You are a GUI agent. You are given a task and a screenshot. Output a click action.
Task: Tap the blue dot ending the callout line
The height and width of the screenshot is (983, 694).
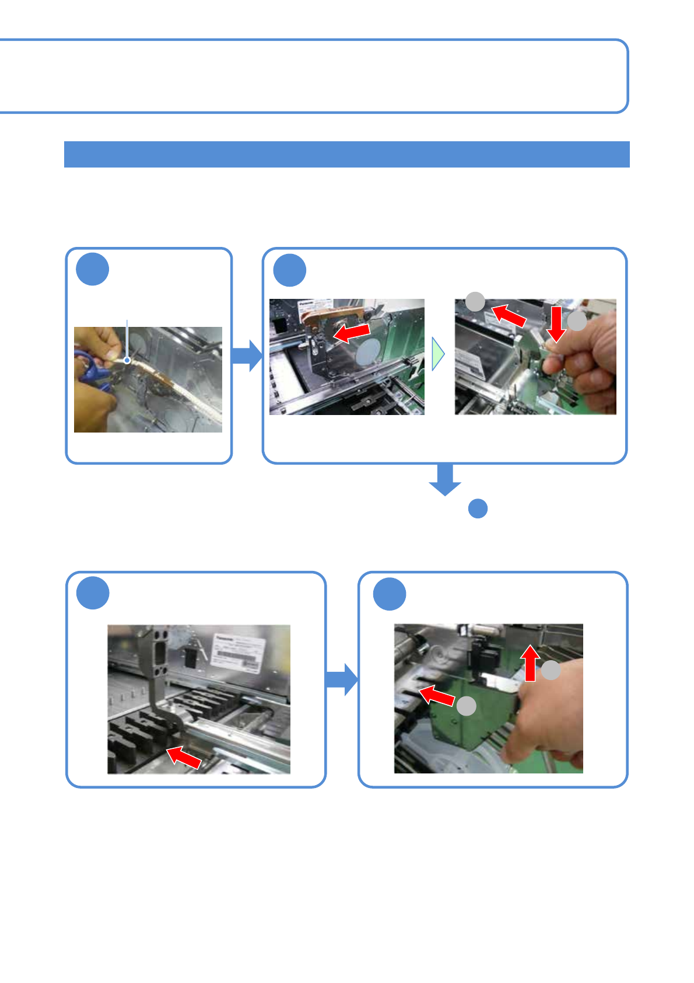[127, 360]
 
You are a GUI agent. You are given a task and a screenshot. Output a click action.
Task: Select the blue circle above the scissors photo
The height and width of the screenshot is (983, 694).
[92, 269]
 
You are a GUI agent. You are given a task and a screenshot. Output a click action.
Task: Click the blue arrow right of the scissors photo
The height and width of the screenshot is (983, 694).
[248, 355]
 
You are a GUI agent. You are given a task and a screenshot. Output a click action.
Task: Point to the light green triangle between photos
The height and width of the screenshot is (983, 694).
[438, 354]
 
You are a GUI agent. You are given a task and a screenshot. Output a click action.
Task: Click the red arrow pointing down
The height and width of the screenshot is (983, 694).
[556, 323]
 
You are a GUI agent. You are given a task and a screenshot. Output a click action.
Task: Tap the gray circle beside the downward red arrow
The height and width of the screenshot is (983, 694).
[577, 321]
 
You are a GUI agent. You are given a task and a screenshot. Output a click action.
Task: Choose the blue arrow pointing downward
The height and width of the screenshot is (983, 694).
[445, 479]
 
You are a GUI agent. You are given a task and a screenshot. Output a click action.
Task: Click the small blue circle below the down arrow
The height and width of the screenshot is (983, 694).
[478, 508]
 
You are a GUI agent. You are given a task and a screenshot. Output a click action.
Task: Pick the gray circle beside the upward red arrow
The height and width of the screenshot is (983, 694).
[551, 670]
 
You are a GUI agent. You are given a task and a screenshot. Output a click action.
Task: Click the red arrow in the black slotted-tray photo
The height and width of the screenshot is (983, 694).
[184, 757]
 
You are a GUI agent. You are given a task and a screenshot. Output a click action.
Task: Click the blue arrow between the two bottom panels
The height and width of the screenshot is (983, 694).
[342, 679]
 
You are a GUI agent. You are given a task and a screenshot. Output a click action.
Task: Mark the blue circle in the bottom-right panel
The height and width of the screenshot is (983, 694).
[389, 594]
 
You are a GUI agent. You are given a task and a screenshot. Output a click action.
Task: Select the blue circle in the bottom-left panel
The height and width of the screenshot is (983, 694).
[93, 593]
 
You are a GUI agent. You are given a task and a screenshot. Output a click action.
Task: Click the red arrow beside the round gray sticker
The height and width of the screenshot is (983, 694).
[352, 333]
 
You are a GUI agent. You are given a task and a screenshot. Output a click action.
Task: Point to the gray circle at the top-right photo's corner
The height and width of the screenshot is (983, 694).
[475, 301]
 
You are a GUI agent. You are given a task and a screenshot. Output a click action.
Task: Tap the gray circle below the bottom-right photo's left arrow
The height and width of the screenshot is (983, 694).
[466, 706]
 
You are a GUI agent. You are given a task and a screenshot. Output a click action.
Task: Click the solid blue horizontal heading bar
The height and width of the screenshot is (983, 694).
[346, 154]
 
